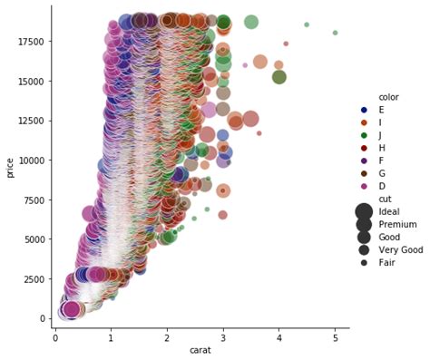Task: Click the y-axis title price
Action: click(x=10, y=167)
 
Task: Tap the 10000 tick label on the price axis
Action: click(x=29, y=160)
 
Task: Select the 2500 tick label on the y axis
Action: click(x=32, y=278)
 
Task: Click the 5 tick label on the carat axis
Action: click(x=335, y=337)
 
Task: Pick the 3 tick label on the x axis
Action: click(x=223, y=337)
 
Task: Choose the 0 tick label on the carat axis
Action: click(x=55, y=337)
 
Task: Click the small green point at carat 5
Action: click(x=335, y=33)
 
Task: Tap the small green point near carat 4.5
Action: click(x=307, y=24)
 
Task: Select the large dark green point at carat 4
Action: click(x=279, y=77)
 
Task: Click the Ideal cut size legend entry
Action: click(x=389, y=211)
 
